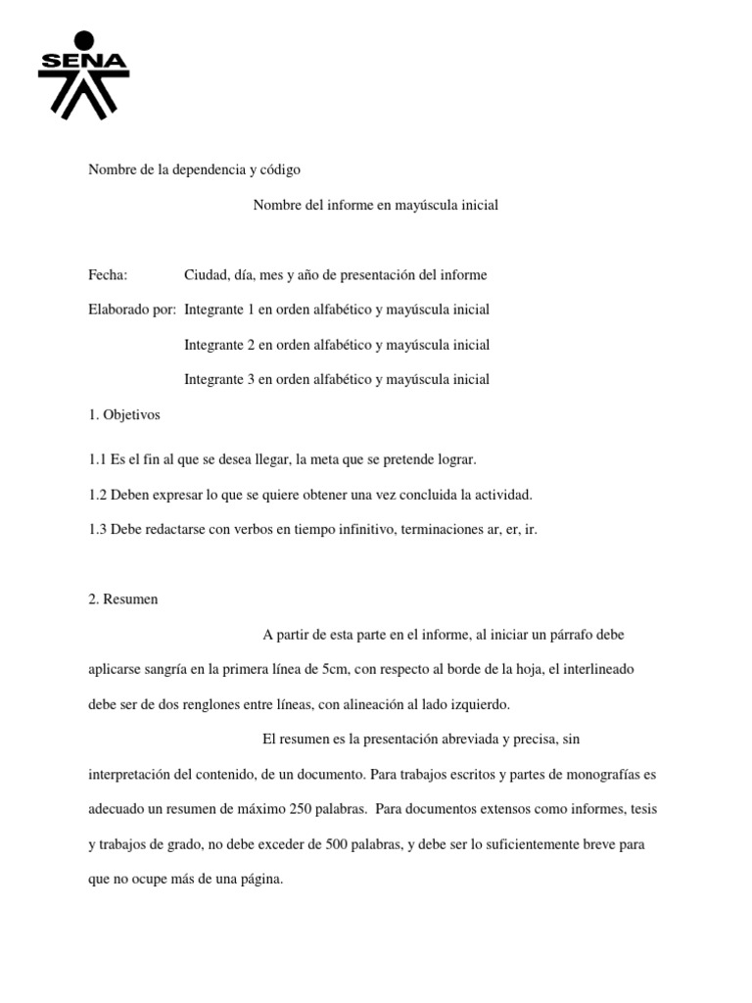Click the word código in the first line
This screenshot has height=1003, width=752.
tap(280, 169)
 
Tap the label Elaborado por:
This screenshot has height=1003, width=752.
tap(132, 310)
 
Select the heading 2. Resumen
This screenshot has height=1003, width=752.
tap(122, 599)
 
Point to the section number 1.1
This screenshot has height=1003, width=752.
tap(97, 459)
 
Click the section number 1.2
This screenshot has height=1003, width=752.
tap(97, 495)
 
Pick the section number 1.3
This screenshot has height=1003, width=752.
tap(97, 529)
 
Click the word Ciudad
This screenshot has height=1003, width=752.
tap(206, 275)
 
